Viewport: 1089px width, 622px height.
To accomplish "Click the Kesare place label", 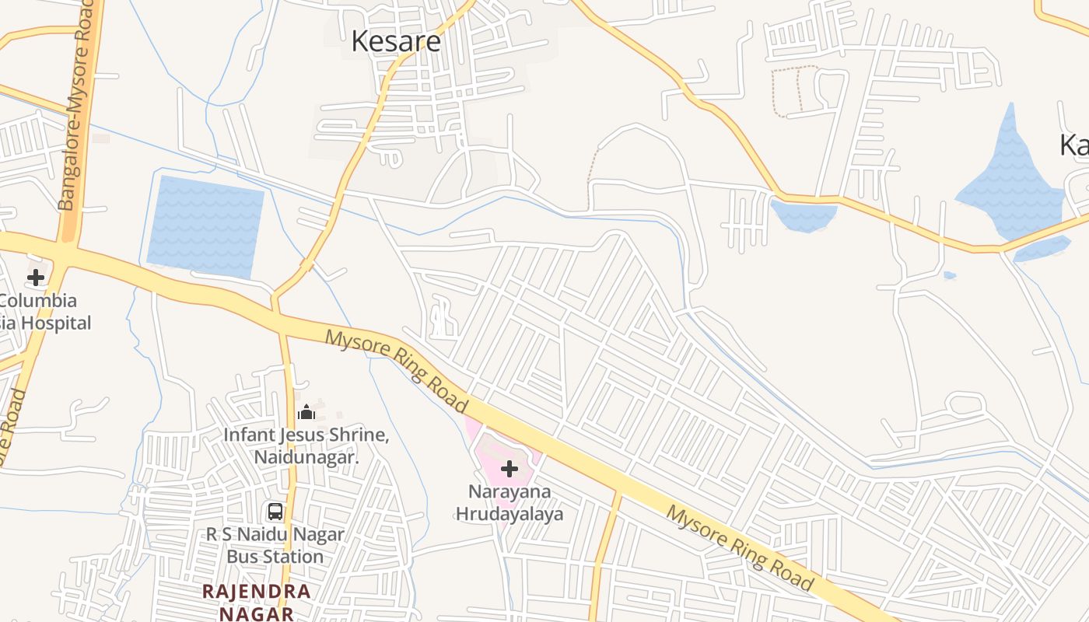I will [x=396, y=41].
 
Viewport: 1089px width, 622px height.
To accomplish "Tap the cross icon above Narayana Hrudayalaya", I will [x=509, y=469].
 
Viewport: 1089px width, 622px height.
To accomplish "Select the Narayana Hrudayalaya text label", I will [x=509, y=502].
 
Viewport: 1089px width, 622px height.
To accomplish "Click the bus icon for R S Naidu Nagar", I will [x=275, y=512].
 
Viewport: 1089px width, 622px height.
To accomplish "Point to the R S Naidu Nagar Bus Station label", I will [x=275, y=546].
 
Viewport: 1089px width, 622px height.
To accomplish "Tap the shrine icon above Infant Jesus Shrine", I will [x=306, y=411].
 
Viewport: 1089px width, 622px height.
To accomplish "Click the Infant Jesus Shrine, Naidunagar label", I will [x=306, y=446].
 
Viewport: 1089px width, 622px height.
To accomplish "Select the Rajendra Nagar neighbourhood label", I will [x=257, y=602].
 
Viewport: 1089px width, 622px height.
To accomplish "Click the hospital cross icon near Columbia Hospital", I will [x=36, y=278].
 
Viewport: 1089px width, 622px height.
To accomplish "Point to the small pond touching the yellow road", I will [x=804, y=216].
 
